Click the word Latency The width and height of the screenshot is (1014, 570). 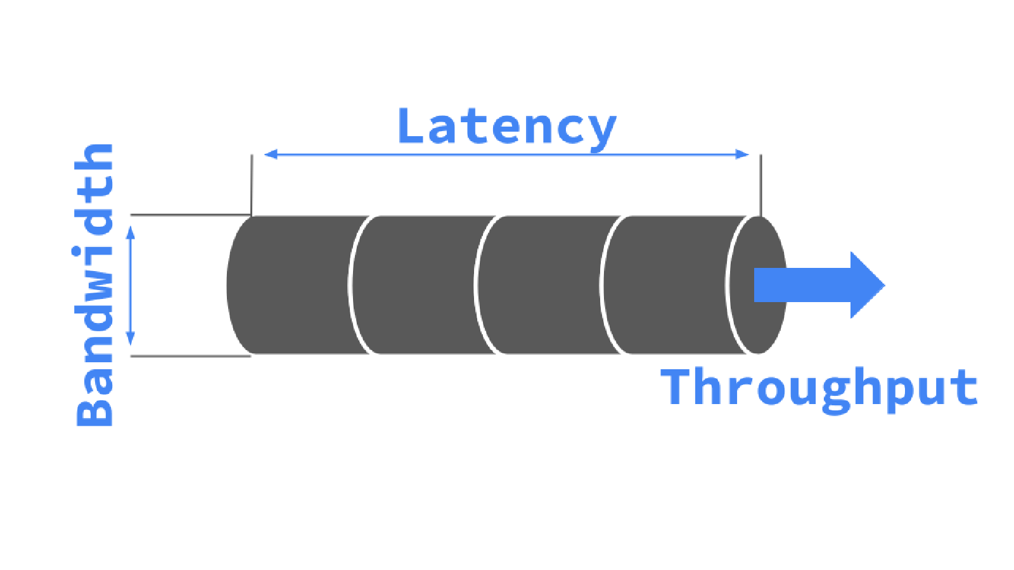[507, 128]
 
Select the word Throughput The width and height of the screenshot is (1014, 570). [819, 388]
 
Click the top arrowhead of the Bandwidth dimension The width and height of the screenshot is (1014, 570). [131, 232]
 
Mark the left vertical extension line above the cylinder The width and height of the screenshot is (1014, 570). [252, 184]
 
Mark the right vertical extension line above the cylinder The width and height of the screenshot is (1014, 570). [760, 184]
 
